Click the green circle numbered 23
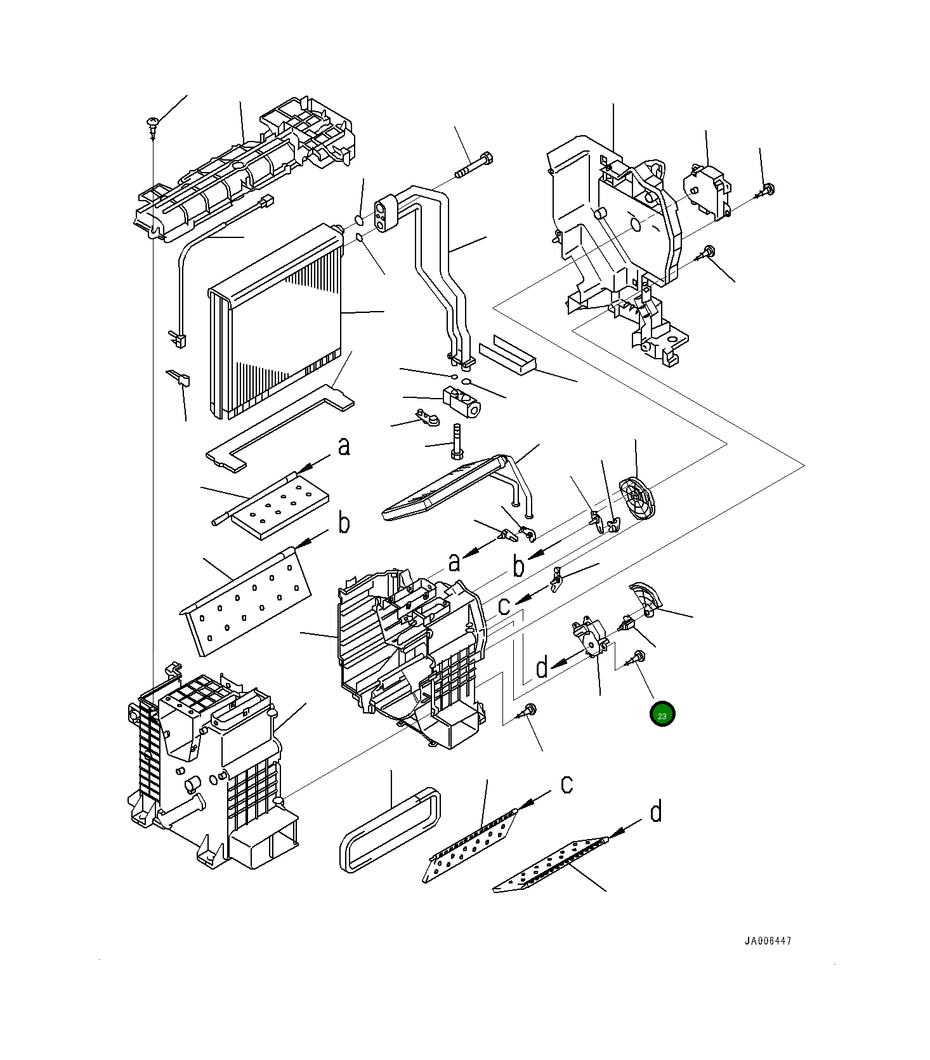pyautogui.click(x=662, y=715)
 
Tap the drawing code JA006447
pyautogui.click(x=768, y=941)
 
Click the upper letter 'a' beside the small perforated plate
pyautogui.click(x=344, y=447)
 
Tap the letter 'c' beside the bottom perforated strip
pyautogui.click(x=567, y=785)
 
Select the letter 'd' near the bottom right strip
pyautogui.click(x=656, y=812)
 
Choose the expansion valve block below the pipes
pyautogui.click(x=461, y=403)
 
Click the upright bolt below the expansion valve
pyautogui.click(x=455, y=442)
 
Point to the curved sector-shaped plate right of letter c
pyautogui.click(x=646, y=599)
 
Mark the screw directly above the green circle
pyautogui.click(x=636, y=659)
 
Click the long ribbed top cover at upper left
pyautogui.click(x=241, y=168)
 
